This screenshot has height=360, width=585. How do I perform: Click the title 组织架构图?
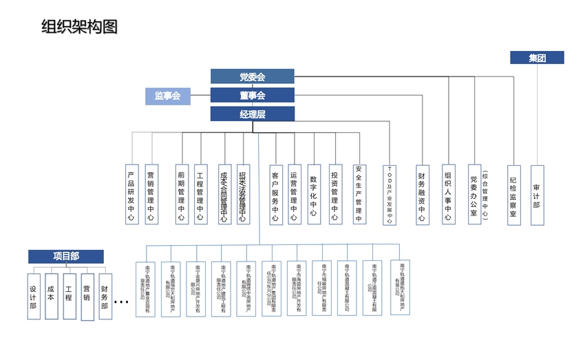(80, 27)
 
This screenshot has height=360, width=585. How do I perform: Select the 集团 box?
(537, 58)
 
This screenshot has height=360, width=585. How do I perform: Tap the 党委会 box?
(252, 76)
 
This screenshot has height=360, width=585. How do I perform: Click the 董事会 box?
(252, 95)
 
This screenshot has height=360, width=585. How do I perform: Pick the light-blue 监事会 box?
(167, 96)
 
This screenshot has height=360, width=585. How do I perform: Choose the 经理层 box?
(252, 114)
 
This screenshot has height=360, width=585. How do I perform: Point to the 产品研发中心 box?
(131, 194)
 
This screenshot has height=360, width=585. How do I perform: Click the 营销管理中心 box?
(151, 194)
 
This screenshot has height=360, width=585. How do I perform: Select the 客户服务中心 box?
(275, 194)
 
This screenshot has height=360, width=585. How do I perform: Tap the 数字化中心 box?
(313, 194)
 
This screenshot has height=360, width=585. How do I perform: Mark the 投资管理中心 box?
(334, 194)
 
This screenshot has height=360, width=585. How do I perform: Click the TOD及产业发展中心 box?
(390, 195)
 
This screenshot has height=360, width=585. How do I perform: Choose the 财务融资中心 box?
(422, 195)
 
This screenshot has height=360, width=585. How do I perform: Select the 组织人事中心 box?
(448, 195)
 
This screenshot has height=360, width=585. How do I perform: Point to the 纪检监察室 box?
(513, 195)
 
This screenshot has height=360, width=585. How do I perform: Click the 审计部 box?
(537, 195)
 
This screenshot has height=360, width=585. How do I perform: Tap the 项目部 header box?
(66, 256)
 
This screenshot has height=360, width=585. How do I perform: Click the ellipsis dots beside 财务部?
(121, 301)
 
